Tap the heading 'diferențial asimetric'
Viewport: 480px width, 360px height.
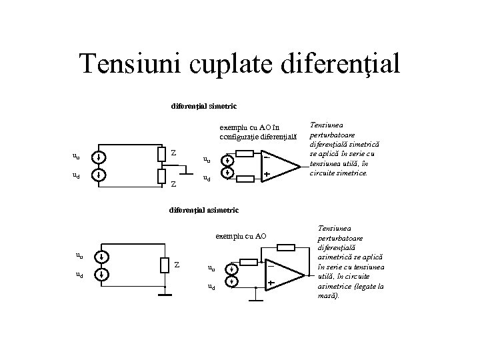click(x=204, y=210)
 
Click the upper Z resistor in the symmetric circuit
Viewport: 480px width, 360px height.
click(x=161, y=154)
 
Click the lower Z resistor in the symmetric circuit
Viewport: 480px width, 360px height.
click(x=161, y=176)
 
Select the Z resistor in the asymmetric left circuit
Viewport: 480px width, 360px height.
click(x=165, y=265)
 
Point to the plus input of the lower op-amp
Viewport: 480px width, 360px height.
click(x=271, y=283)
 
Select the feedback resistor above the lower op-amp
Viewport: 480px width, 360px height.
click(x=285, y=248)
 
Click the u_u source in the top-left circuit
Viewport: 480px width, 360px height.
click(x=99, y=158)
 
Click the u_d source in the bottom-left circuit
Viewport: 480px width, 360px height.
click(x=99, y=274)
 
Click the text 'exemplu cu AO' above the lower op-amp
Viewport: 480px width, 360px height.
click(x=241, y=235)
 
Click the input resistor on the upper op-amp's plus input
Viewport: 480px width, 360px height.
click(x=245, y=178)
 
